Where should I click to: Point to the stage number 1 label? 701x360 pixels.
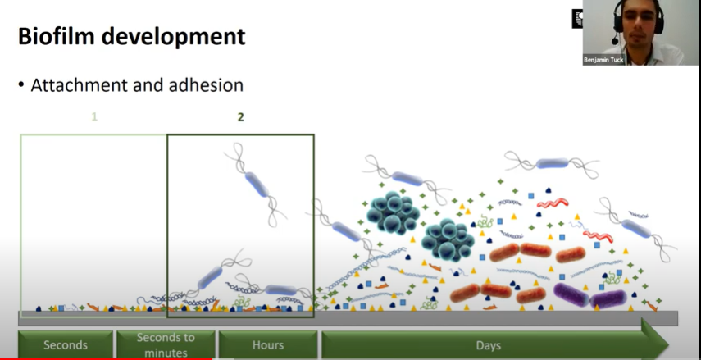click(x=94, y=117)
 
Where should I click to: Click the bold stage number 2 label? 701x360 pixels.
click(x=240, y=117)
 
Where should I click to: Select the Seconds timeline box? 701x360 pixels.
click(x=66, y=344)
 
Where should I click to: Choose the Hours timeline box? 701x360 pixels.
click(x=267, y=344)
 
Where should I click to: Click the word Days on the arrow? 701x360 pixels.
click(x=488, y=345)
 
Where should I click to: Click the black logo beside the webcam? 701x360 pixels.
click(x=577, y=19)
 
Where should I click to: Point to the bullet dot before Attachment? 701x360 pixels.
click(x=21, y=85)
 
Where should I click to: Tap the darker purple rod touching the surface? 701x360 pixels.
click(x=608, y=300)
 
